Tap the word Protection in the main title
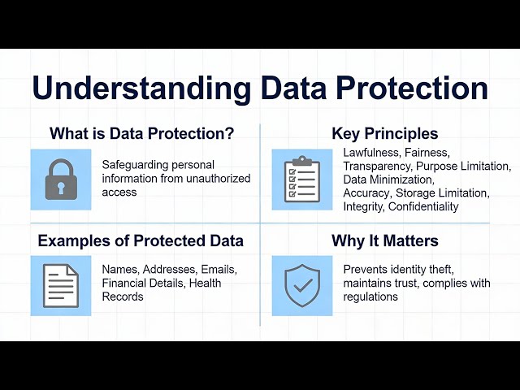404,89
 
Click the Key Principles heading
384,134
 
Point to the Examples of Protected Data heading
141,241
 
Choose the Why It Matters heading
384,241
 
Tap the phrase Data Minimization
389,180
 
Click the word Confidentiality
423,206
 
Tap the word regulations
370,297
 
